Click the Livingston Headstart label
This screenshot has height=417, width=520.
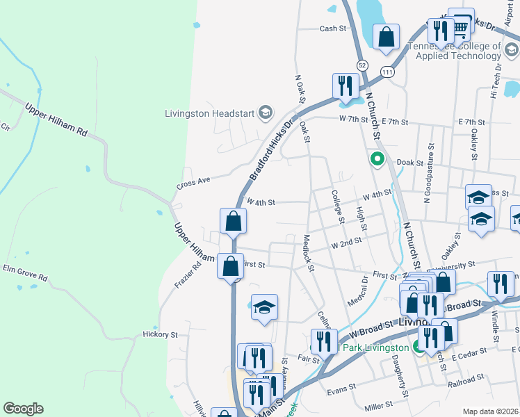209,113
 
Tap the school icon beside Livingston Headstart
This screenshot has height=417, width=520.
265,112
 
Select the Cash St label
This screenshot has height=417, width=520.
332,28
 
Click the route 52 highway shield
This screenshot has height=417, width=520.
362,65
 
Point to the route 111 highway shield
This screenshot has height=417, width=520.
387,72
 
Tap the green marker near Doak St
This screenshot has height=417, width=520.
377,159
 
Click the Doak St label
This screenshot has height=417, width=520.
409,162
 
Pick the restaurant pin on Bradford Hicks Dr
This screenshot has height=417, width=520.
346,87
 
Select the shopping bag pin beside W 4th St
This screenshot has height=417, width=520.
234,222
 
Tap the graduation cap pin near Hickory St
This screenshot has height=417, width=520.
264,308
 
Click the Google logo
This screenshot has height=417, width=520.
24,409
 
